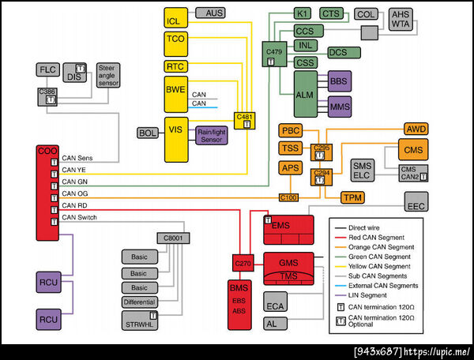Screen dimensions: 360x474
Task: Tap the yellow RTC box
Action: tap(175, 66)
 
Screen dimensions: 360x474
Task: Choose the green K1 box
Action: tap(302, 13)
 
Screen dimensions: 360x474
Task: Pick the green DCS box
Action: tap(338, 53)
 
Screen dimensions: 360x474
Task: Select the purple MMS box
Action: tap(339, 105)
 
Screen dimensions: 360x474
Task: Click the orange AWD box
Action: tap(416, 128)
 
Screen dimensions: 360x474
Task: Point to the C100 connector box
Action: tap(288, 197)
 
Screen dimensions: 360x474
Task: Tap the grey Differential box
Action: tap(141, 302)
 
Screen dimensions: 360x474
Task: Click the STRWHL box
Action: tap(141, 321)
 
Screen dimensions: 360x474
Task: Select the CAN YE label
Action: tap(74, 169)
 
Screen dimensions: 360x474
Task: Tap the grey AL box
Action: tap(271, 324)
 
